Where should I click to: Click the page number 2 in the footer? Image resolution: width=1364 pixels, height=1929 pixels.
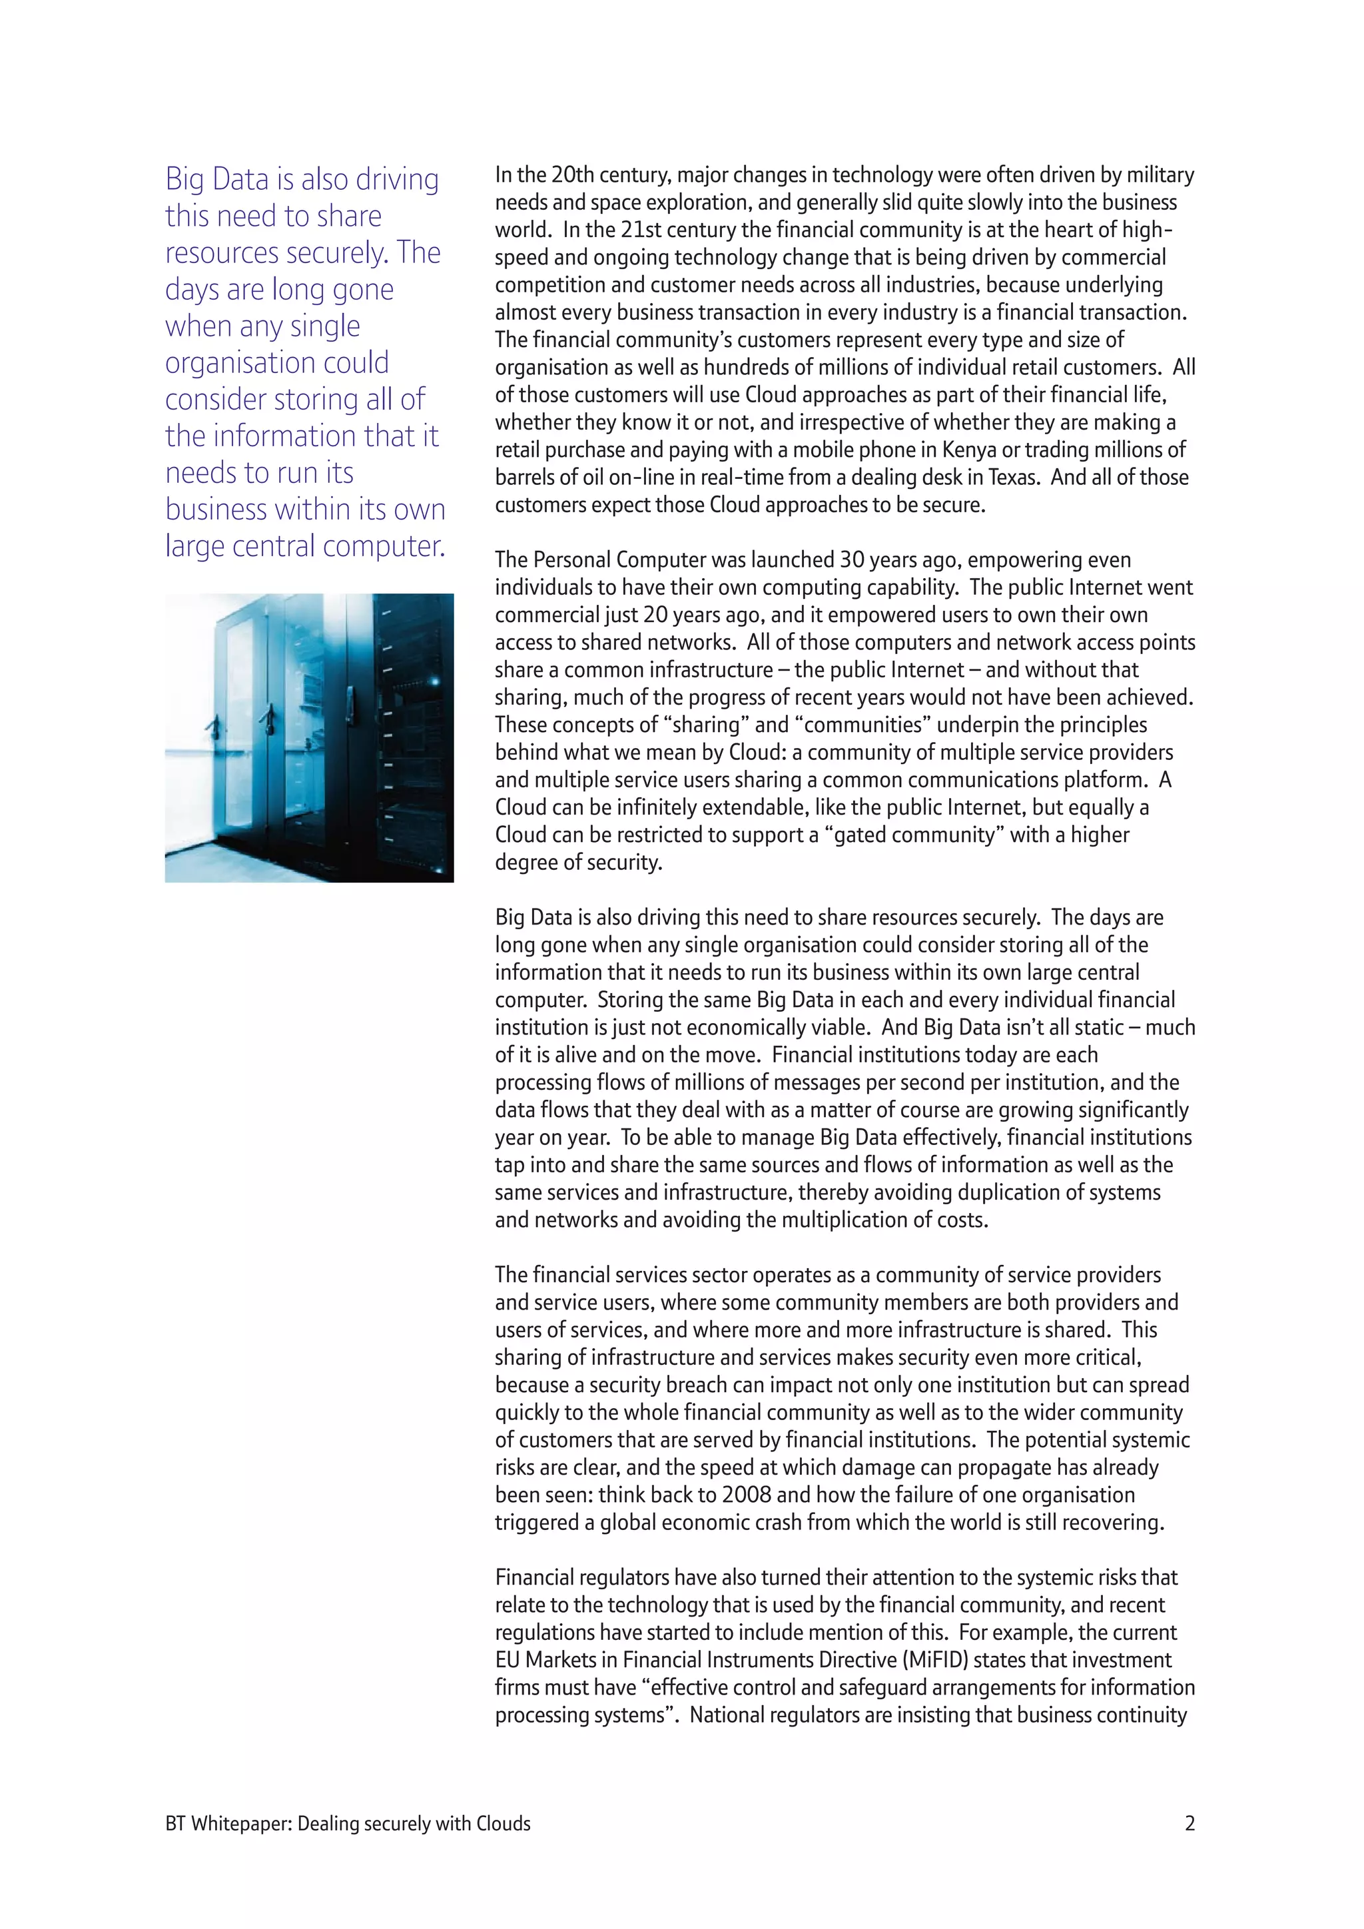coord(1190,1823)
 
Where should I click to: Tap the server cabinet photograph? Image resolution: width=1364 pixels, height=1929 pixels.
coord(309,737)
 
